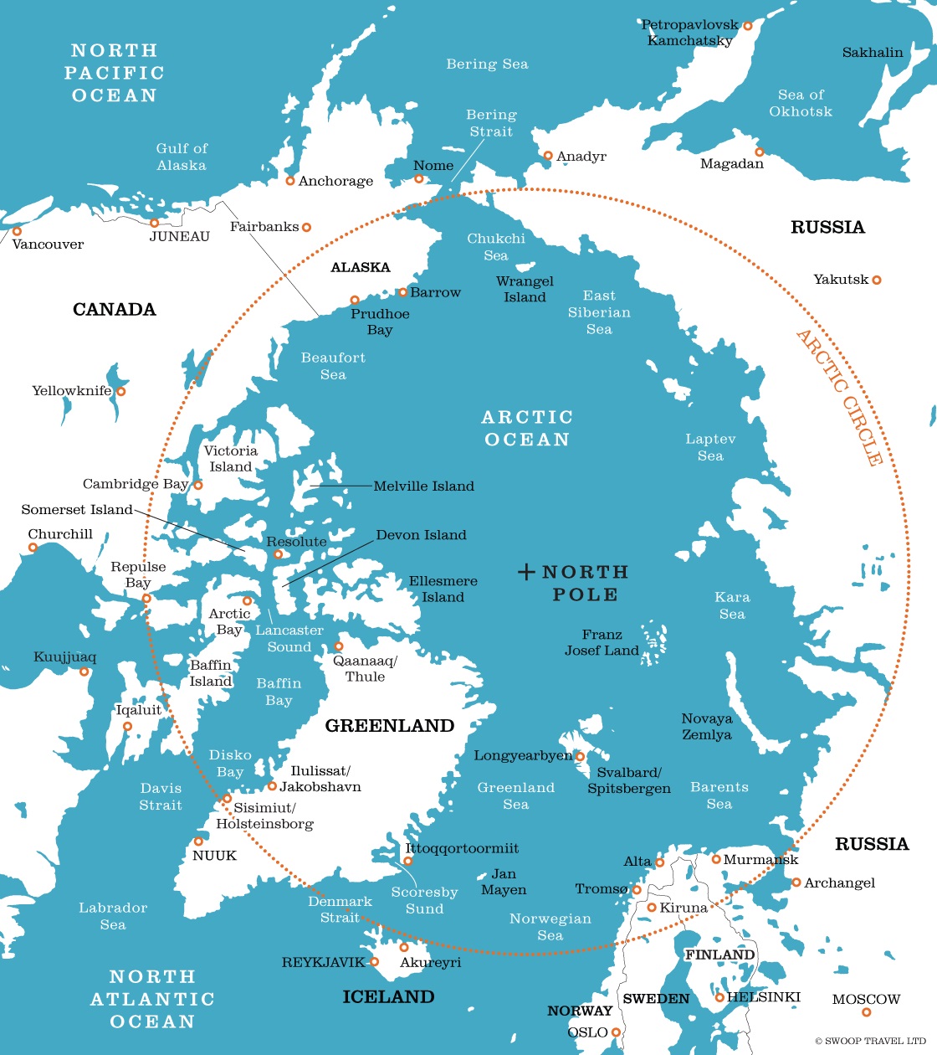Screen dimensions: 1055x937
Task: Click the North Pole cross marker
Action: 526,573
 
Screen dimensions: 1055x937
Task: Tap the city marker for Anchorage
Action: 290,181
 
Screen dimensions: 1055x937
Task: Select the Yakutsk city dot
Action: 877,280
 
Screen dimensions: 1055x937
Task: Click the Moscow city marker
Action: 866,1012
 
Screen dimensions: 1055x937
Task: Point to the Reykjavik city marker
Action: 375,962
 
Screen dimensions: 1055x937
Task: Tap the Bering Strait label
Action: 491,123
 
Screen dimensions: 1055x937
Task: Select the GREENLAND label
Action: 390,726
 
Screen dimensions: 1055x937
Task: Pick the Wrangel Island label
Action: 525,290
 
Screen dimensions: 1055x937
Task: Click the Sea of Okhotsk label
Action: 801,103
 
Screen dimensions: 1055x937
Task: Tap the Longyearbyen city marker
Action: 580,757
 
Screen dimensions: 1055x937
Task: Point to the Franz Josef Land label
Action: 602,643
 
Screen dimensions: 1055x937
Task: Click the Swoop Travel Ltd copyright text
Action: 870,1041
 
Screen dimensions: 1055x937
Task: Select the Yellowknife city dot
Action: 120,392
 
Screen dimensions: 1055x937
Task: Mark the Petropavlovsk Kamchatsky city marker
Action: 748,26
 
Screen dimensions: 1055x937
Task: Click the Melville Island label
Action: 423,486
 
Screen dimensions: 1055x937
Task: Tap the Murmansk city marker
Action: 716,859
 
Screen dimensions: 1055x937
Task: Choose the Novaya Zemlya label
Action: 706,727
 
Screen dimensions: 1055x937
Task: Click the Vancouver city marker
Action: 17,231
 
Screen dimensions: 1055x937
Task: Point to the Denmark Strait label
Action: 340,909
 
